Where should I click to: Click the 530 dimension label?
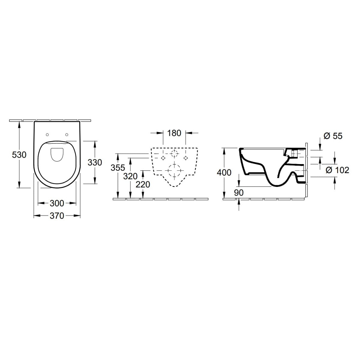(x=19, y=155)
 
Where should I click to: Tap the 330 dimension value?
(x=95, y=162)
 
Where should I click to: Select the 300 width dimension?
(x=57, y=203)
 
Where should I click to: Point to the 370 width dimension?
(x=57, y=216)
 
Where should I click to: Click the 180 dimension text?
(x=174, y=133)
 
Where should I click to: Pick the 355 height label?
(x=118, y=168)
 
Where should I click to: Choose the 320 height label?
(x=130, y=176)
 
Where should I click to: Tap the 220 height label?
(x=143, y=184)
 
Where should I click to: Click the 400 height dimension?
(x=224, y=172)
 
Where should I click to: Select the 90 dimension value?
(x=239, y=193)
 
